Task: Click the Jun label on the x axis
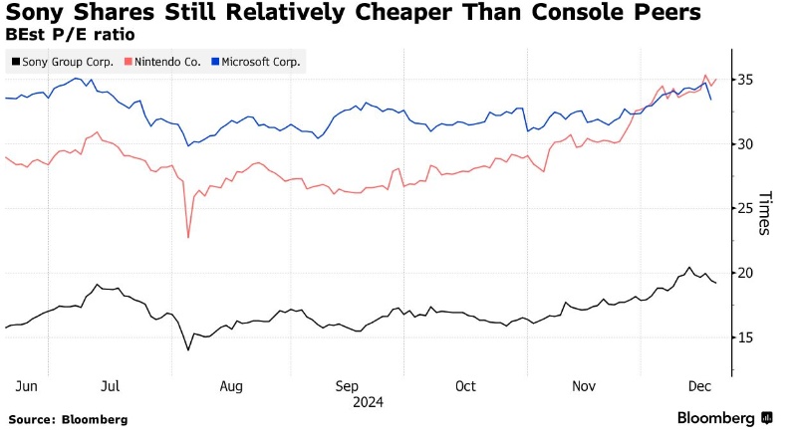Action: (27, 385)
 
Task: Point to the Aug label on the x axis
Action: (231, 385)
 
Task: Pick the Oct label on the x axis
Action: (465, 385)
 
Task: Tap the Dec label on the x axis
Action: (699, 385)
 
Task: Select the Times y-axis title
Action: (765, 213)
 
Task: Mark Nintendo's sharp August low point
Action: (188, 237)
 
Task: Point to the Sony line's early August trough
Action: (188, 349)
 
